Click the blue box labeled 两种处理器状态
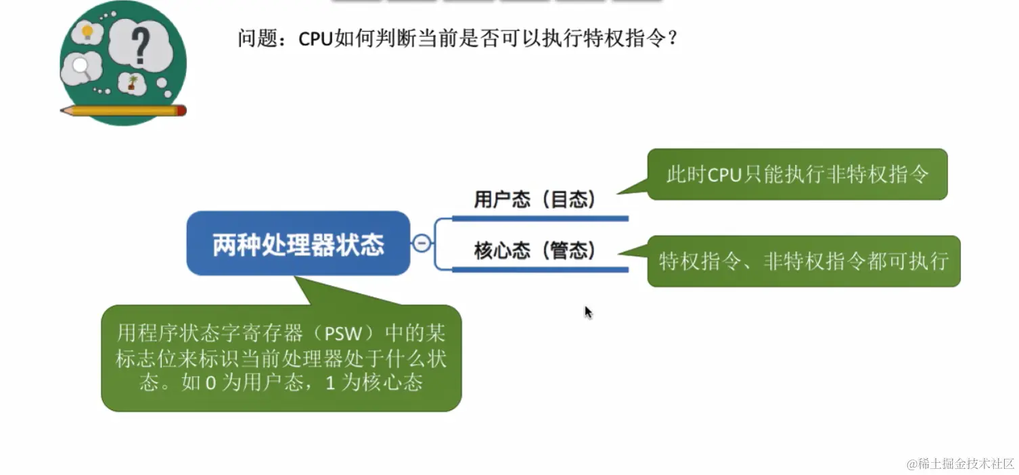coord(298,243)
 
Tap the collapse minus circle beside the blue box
coord(422,243)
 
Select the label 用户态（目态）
coord(535,199)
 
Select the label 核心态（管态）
coord(535,251)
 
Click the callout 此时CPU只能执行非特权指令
coord(797,174)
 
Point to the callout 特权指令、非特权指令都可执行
coord(804,261)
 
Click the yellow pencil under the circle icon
coord(122,110)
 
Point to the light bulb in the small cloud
coord(87,31)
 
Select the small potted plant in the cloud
coord(133,83)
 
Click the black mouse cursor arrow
coord(588,311)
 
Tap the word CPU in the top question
coord(315,38)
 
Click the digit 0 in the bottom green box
coord(210,383)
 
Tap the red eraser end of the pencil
coord(181,110)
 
